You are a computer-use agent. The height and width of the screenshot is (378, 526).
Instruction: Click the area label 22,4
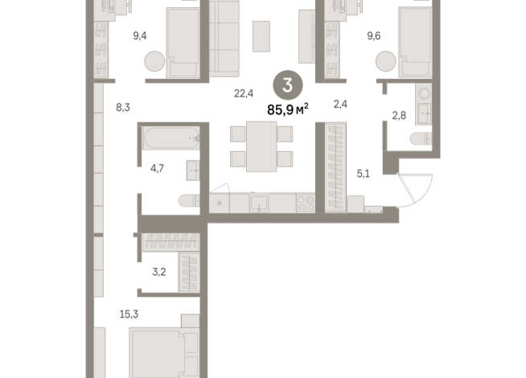[x=244, y=93]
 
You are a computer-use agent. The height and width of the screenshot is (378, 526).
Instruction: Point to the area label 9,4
[x=140, y=35]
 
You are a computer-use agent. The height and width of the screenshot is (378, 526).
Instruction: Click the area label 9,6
[x=374, y=35]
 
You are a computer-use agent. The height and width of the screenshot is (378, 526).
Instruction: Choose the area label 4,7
[x=158, y=169]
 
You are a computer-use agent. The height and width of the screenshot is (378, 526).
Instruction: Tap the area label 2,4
[x=341, y=104]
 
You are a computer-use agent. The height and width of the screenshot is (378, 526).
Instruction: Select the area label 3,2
[x=158, y=272]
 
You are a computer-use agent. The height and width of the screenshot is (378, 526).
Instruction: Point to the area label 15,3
[x=129, y=314]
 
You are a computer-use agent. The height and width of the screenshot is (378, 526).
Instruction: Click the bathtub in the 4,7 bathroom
[x=168, y=138]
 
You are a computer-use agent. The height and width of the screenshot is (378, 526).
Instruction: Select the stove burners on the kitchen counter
[x=305, y=202]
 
